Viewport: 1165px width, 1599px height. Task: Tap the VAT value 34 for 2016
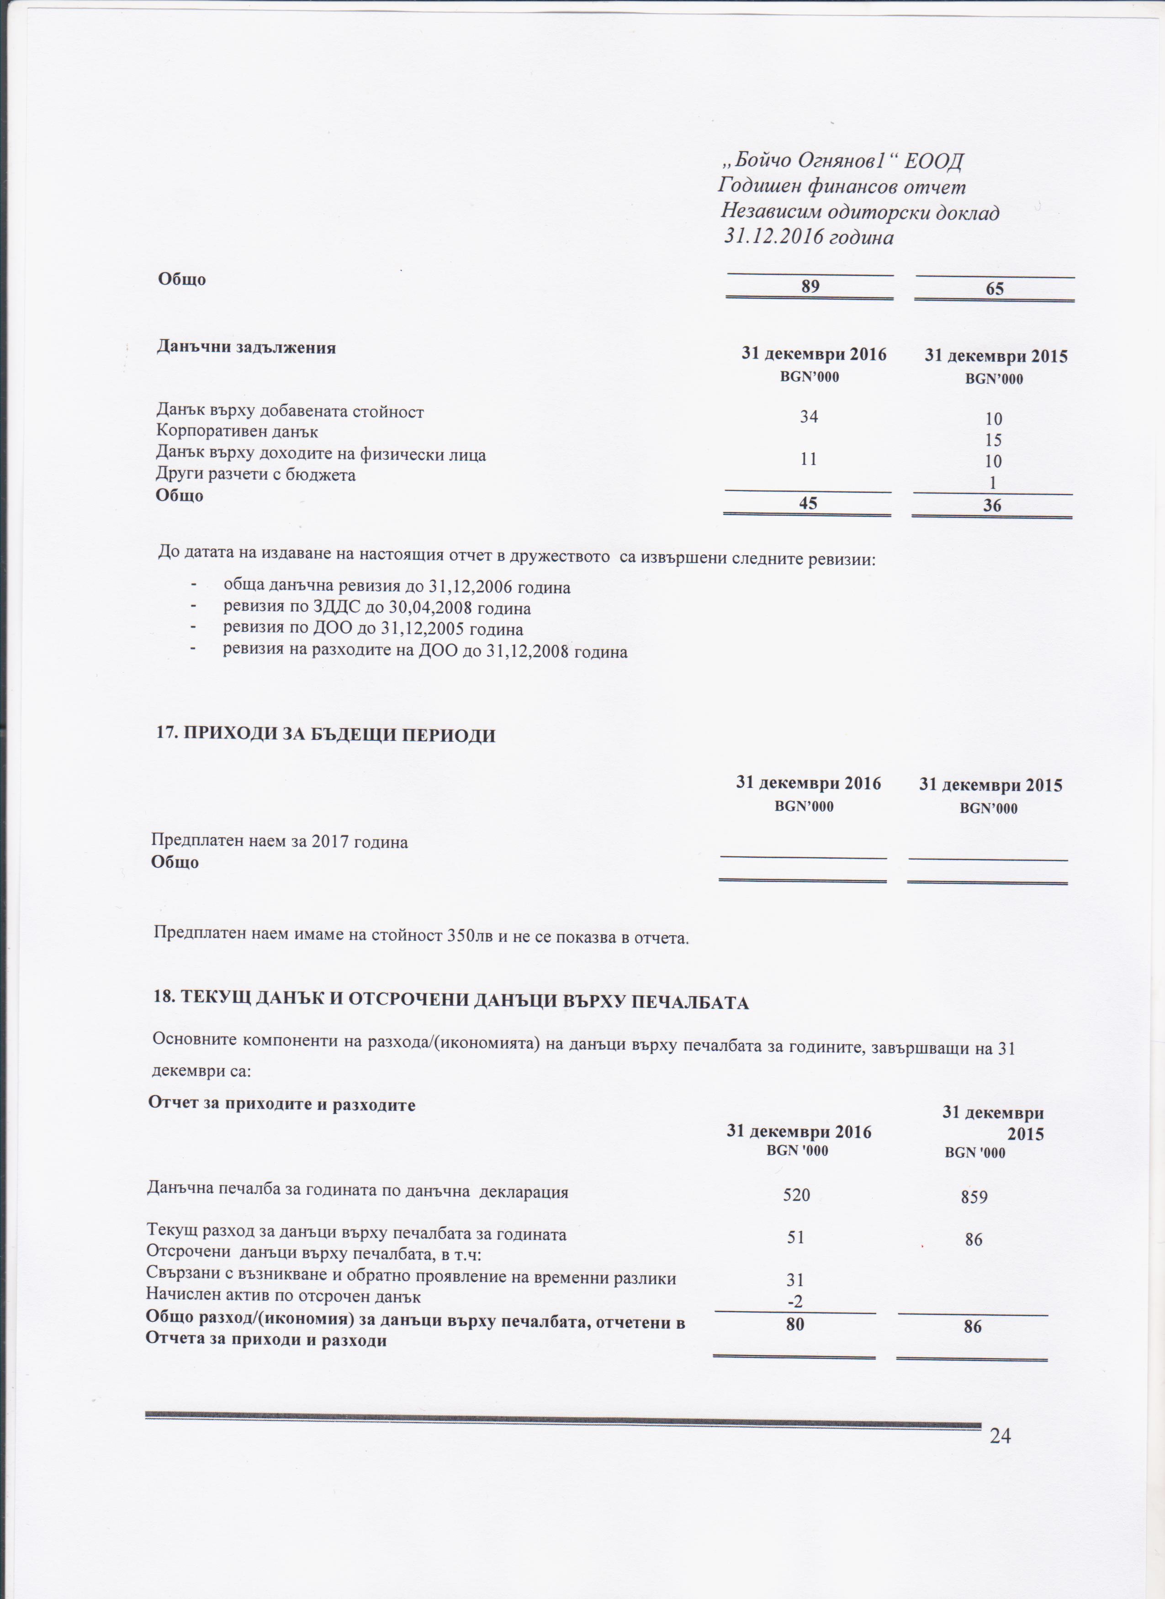[809, 417]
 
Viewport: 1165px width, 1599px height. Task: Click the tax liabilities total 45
[808, 503]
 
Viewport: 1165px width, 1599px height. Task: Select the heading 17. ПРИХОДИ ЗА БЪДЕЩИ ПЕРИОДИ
[325, 735]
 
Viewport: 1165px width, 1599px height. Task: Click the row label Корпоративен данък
[237, 432]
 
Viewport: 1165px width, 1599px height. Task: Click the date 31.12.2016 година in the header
[809, 237]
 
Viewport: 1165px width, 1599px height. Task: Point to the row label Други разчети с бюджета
[255, 475]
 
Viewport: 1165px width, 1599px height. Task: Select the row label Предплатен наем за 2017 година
[279, 842]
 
